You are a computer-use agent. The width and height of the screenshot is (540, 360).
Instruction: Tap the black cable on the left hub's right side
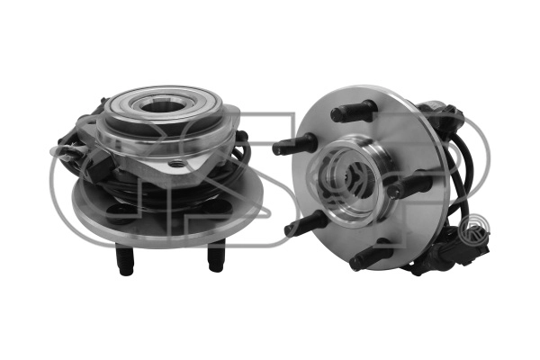[241, 153]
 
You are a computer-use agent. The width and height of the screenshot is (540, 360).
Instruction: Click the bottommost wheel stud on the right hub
[372, 257]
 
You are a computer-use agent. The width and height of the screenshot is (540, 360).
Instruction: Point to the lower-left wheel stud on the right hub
[307, 222]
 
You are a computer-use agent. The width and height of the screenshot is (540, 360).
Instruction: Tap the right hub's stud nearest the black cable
[409, 185]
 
